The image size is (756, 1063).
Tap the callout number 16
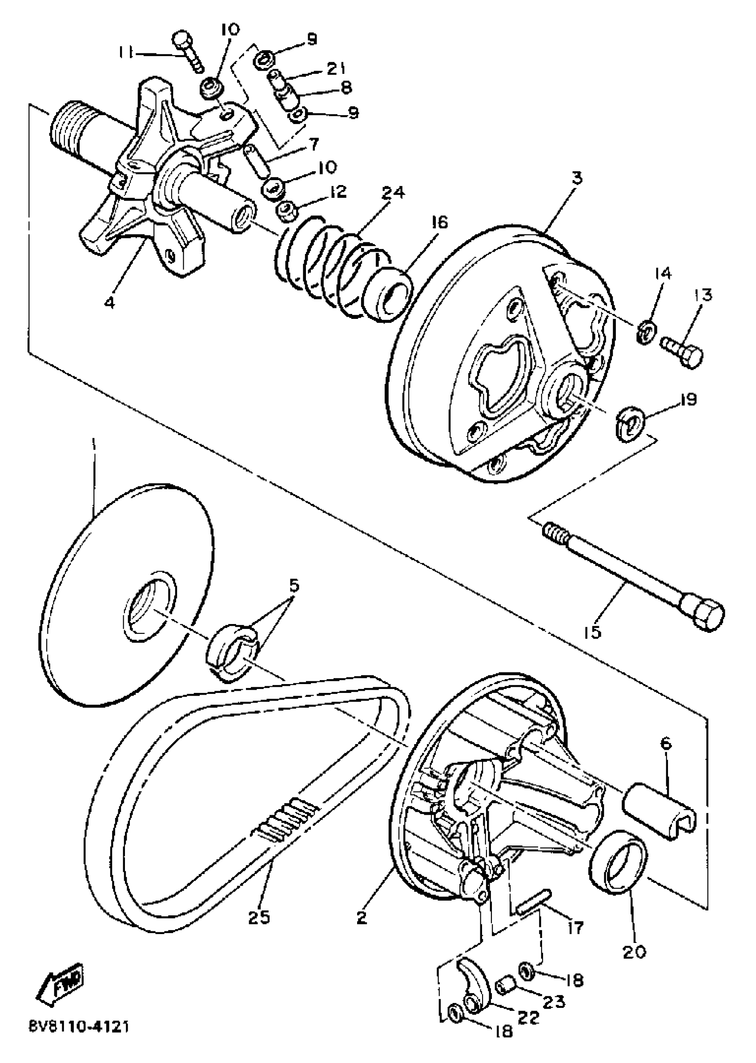436,223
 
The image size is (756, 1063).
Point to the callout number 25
259,917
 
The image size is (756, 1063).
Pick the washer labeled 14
646,331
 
